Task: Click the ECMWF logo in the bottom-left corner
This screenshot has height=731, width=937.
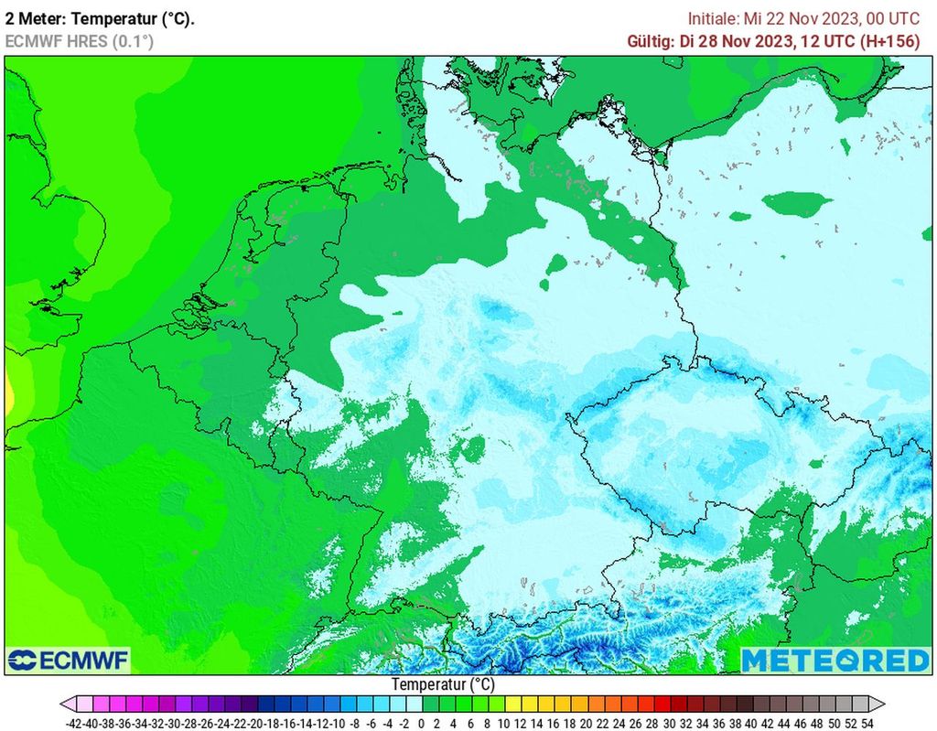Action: point(69,661)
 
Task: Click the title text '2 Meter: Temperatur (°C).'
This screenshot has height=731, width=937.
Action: point(100,18)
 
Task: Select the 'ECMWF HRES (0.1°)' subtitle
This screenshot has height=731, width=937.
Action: point(80,41)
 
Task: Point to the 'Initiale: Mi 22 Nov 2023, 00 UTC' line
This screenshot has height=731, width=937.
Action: point(803,18)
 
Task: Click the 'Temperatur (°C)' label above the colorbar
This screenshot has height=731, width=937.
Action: point(443,684)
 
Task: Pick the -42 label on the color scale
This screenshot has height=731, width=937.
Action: point(76,722)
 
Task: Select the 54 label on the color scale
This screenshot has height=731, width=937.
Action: point(867,722)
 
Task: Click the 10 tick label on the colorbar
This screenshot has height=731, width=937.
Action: point(503,722)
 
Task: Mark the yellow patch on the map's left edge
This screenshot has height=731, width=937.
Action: point(8,395)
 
